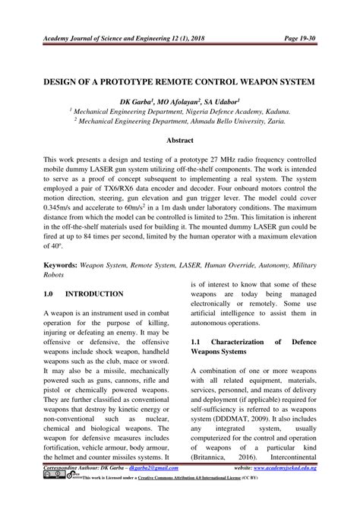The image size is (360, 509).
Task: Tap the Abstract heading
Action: coord(180,141)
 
